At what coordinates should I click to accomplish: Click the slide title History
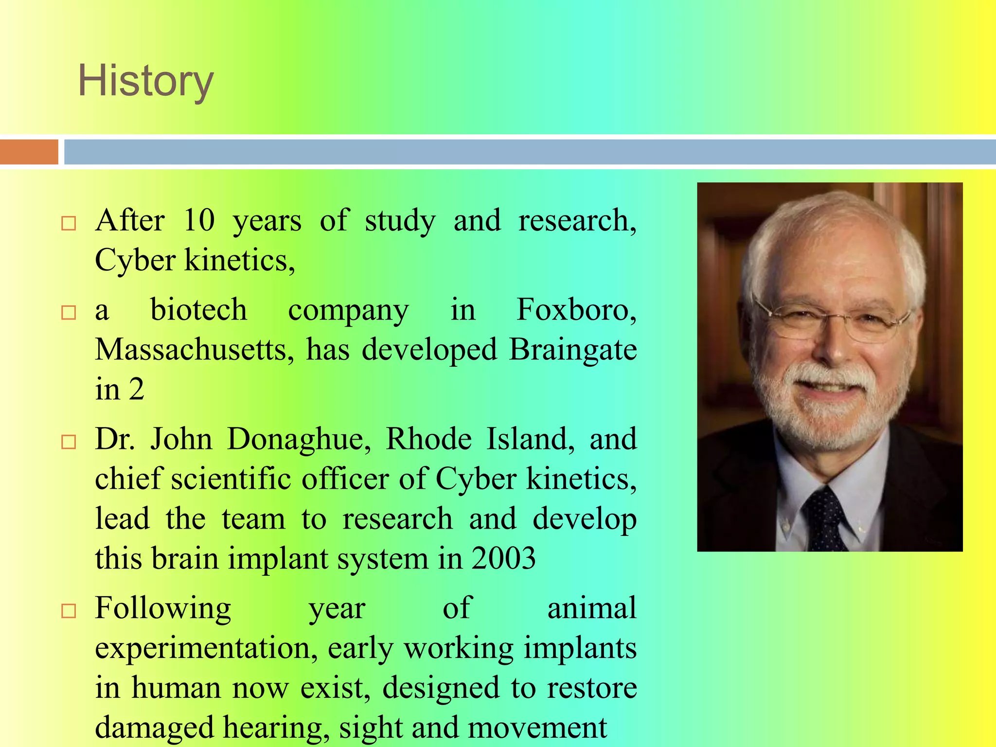point(145,81)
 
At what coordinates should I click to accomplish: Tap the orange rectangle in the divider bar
point(29,152)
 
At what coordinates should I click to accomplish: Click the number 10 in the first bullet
point(199,220)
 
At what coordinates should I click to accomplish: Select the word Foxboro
point(576,310)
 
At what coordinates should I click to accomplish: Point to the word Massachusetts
point(194,350)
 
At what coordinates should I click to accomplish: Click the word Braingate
point(572,350)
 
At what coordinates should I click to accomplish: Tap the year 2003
point(503,558)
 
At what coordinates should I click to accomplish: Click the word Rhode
point(428,439)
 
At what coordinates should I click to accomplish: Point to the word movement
point(537,728)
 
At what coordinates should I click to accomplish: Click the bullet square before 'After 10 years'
point(69,223)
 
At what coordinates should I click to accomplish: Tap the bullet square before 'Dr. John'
point(69,442)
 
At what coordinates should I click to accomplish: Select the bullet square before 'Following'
point(69,610)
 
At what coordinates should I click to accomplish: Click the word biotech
point(198,310)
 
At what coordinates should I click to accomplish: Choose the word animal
point(591,608)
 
